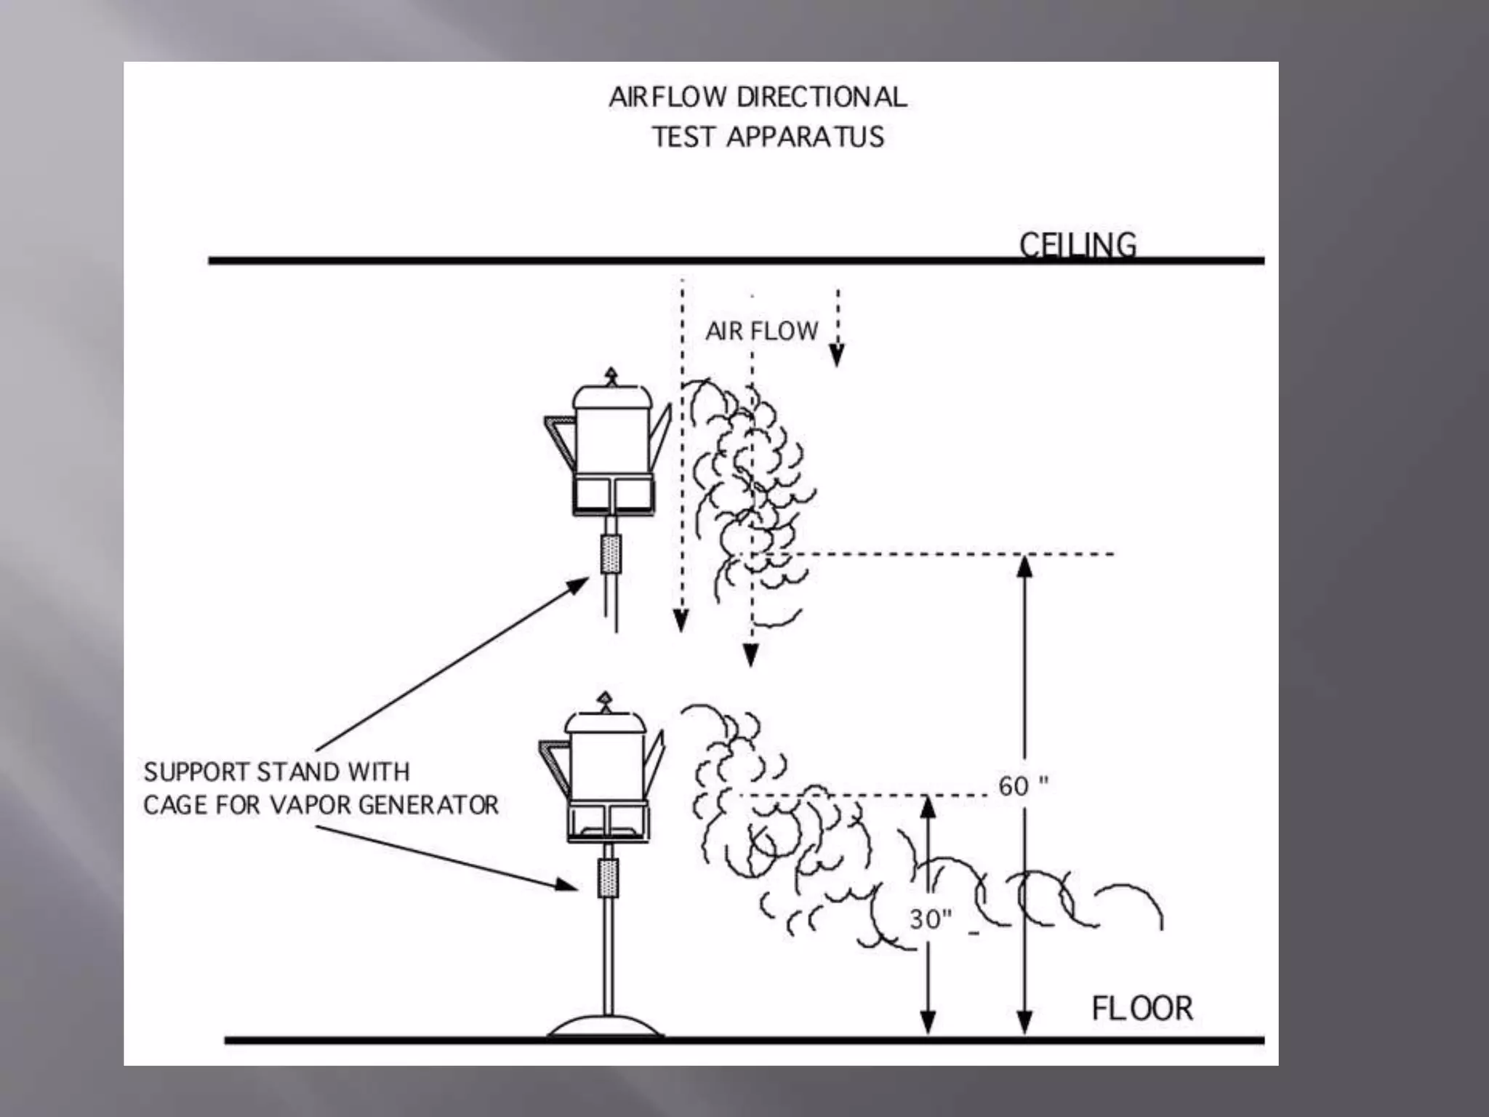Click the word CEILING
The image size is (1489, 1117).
pyautogui.click(x=1077, y=245)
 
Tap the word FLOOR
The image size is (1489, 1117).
pyautogui.click(x=1142, y=1009)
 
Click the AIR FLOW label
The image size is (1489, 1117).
pyautogui.click(x=761, y=332)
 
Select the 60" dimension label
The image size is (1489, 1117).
pyautogui.click(x=1022, y=786)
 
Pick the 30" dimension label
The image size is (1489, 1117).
pyautogui.click(x=930, y=919)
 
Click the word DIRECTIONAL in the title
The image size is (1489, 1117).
pyautogui.click(x=822, y=97)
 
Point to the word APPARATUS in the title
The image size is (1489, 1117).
pyautogui.click(x=805, y=137)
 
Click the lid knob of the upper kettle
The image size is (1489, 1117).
pyautogui.click(x=611, y=376)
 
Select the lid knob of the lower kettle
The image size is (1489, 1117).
pyautogui.click(x=604, y=700)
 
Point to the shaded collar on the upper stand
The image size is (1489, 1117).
pyautogui.click(x=611, y=553)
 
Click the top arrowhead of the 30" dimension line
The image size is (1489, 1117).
pyautogui.click(x=928, y=806)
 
